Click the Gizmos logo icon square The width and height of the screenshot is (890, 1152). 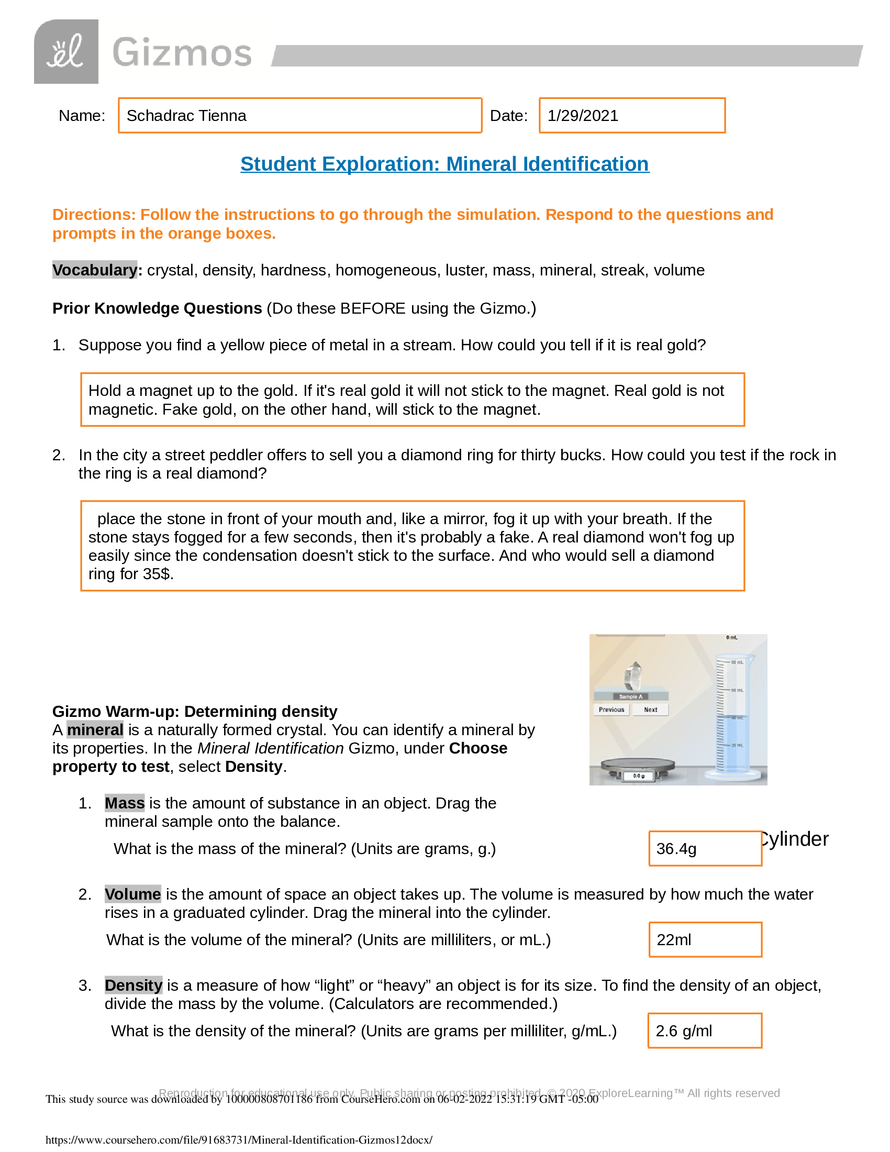(66, 52)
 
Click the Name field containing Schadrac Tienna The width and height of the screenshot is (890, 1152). (299, 116)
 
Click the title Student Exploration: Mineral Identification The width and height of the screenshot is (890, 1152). (444, 164)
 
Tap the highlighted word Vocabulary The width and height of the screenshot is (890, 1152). (95, 270)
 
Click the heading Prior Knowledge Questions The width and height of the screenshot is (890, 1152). (157, 308)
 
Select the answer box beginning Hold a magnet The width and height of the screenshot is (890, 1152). (413, 400)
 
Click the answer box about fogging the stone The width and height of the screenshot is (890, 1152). (413, 546)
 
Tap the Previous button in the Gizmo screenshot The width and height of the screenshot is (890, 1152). (611, 710)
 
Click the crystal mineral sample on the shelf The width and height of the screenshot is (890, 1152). (633, 675)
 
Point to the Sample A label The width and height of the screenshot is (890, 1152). (631, 697)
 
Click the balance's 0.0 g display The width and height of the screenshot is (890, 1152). (639, 776)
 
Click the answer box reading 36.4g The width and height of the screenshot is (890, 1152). (705, 849)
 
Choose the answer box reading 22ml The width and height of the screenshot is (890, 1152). (705, 940)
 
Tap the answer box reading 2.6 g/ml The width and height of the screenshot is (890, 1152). (704, 1031)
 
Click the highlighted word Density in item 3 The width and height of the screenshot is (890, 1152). (133, 985)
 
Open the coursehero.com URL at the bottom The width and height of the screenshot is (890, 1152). (239, 1140)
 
